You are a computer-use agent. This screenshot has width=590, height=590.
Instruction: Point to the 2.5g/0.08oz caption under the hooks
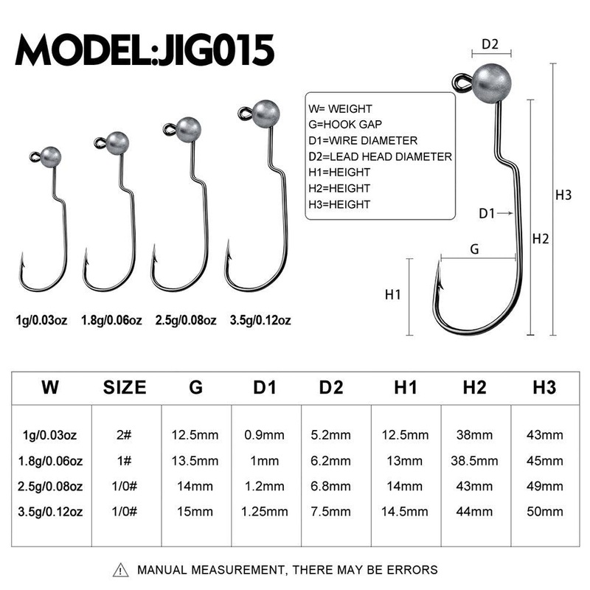tap(185, 320)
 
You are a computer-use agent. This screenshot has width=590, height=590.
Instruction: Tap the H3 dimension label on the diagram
tap(563, 195)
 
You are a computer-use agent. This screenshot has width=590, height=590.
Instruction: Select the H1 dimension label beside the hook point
tap(393, 294)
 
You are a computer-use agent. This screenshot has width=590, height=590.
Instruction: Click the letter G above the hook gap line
tap(474, 249)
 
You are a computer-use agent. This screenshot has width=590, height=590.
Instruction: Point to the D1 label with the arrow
tap(486, 213)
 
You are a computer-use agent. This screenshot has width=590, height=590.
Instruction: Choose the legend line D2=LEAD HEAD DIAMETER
tap(381, 156)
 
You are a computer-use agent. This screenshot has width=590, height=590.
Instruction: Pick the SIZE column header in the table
tap(124, 387)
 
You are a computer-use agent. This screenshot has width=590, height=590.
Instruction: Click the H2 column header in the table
tap(475, 387)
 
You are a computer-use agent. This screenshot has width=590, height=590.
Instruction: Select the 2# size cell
tap(124, 436)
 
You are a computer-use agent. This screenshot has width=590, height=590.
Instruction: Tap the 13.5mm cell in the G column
tap(195, 461)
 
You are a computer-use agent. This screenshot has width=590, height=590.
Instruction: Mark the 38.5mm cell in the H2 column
tap(475, 461)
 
